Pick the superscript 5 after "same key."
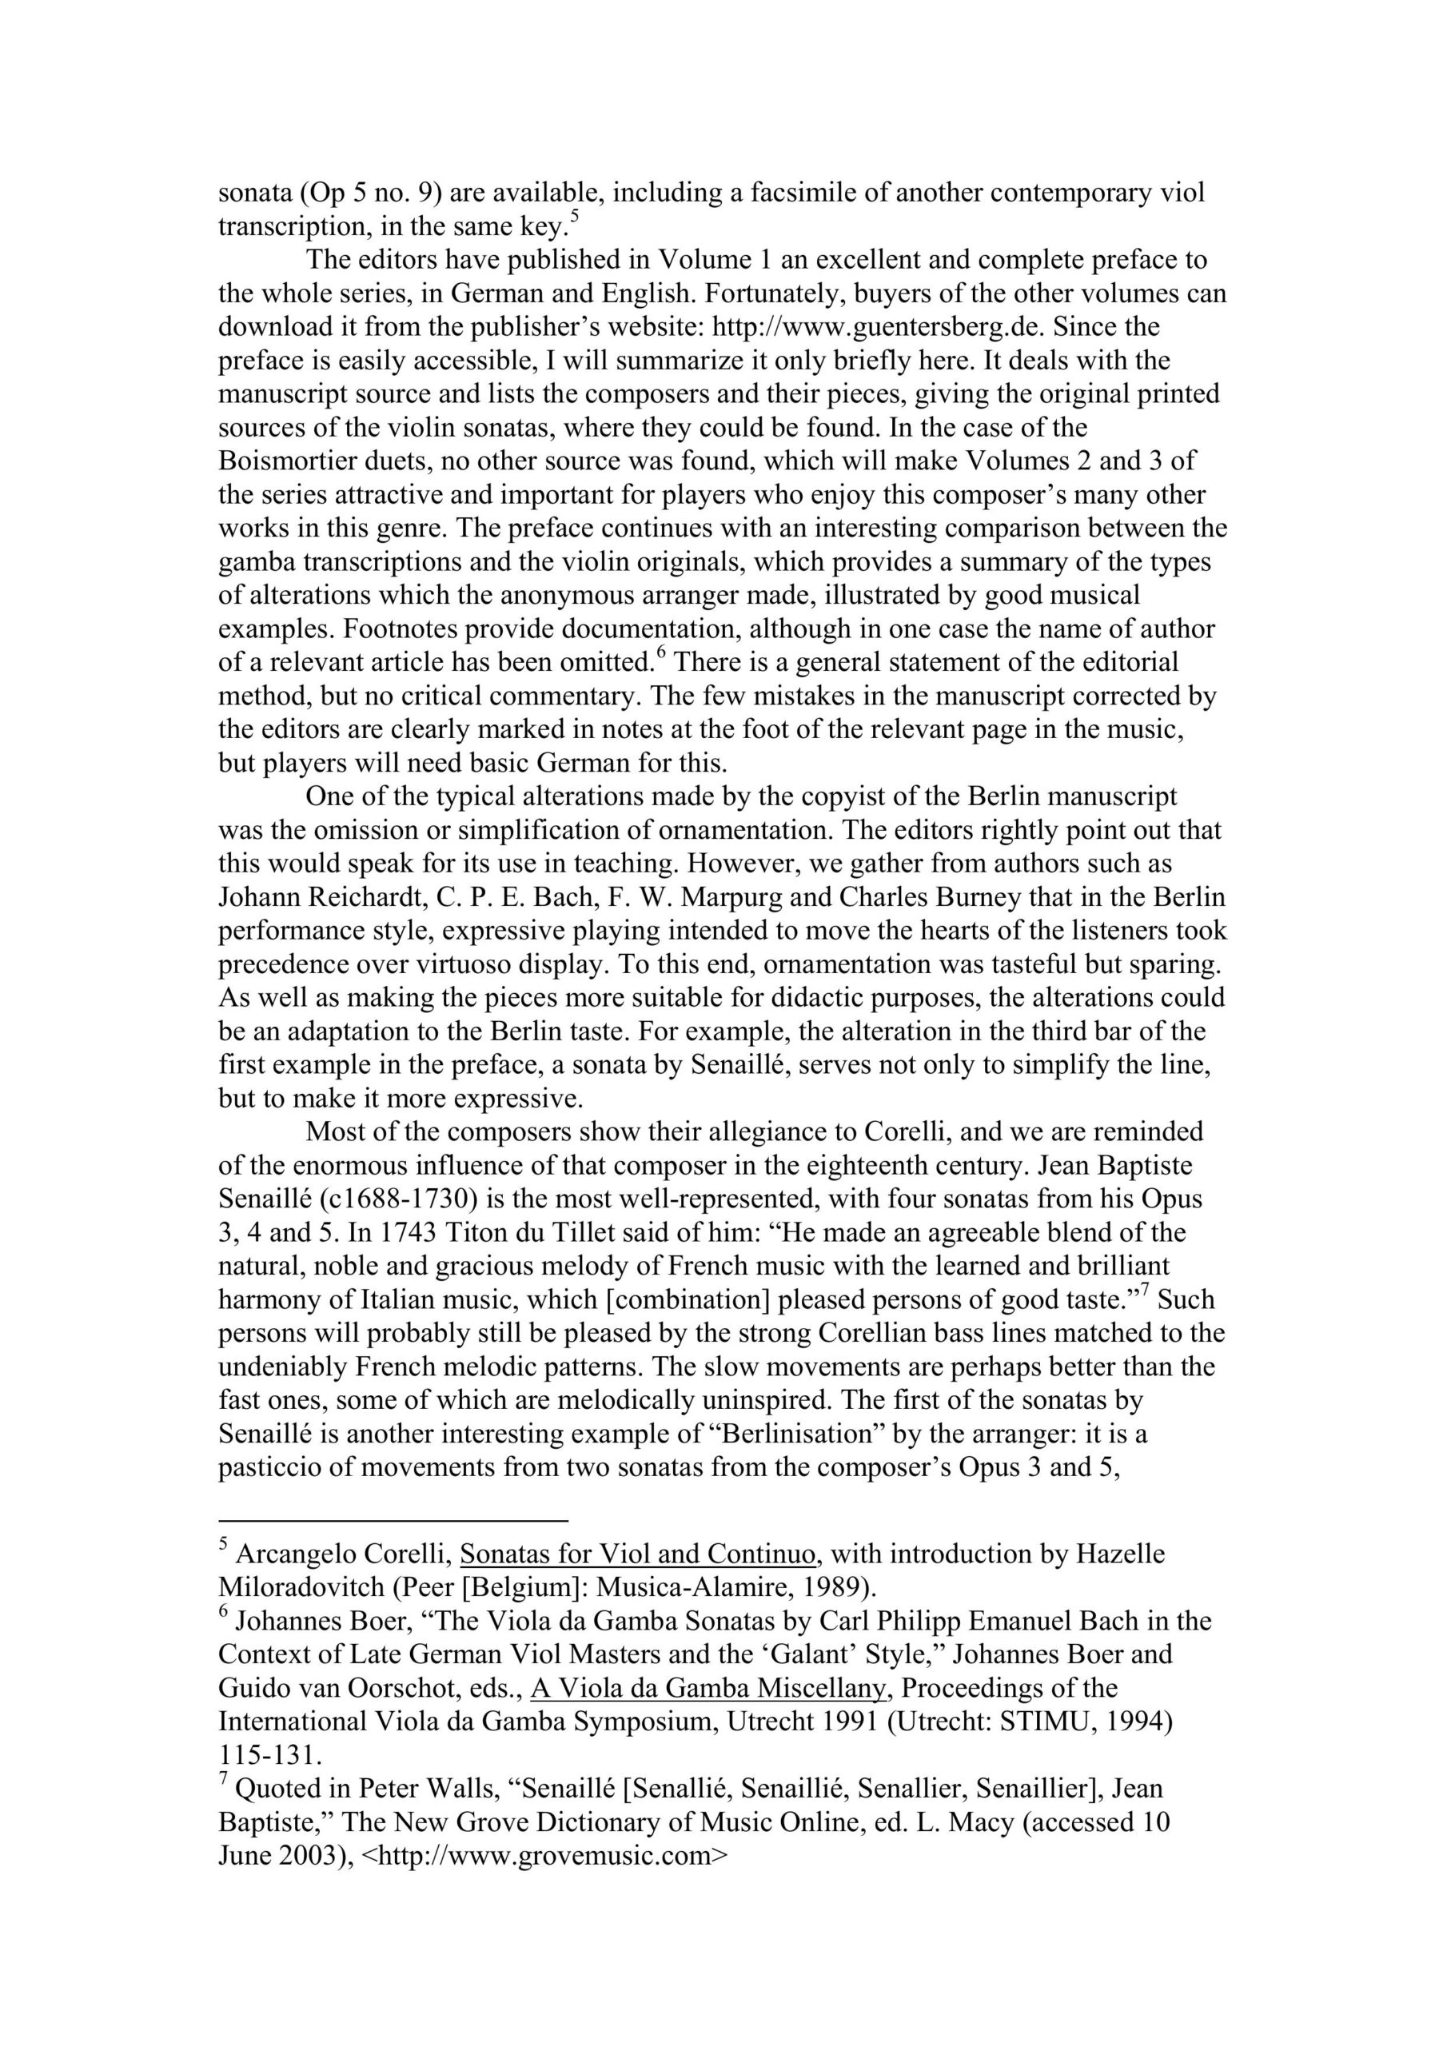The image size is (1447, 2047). (574, 218)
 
